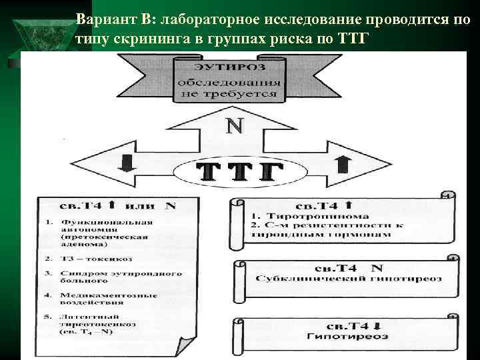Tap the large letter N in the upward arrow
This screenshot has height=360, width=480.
click(x=234, y=126)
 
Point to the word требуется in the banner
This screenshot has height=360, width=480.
click(x=247, y=95)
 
